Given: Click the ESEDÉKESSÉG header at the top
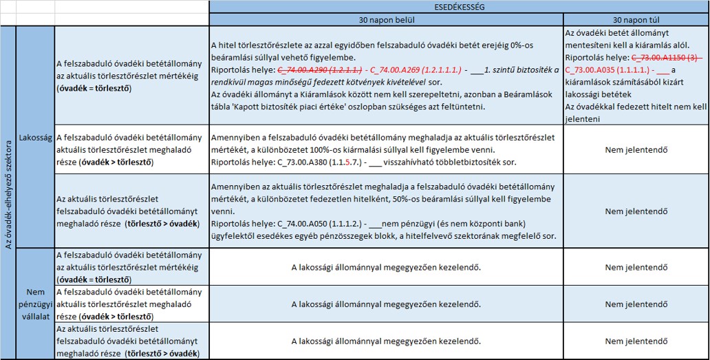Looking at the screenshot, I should [x=459, y=6].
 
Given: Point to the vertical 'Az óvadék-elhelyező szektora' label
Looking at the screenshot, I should [x=8, y=193].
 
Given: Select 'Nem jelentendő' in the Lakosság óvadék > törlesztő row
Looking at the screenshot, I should [x=636, y=149].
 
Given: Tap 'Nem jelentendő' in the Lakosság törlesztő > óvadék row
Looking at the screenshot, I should [x=636, y=211].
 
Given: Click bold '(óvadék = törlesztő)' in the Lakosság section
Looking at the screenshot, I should [x=94, y=89].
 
